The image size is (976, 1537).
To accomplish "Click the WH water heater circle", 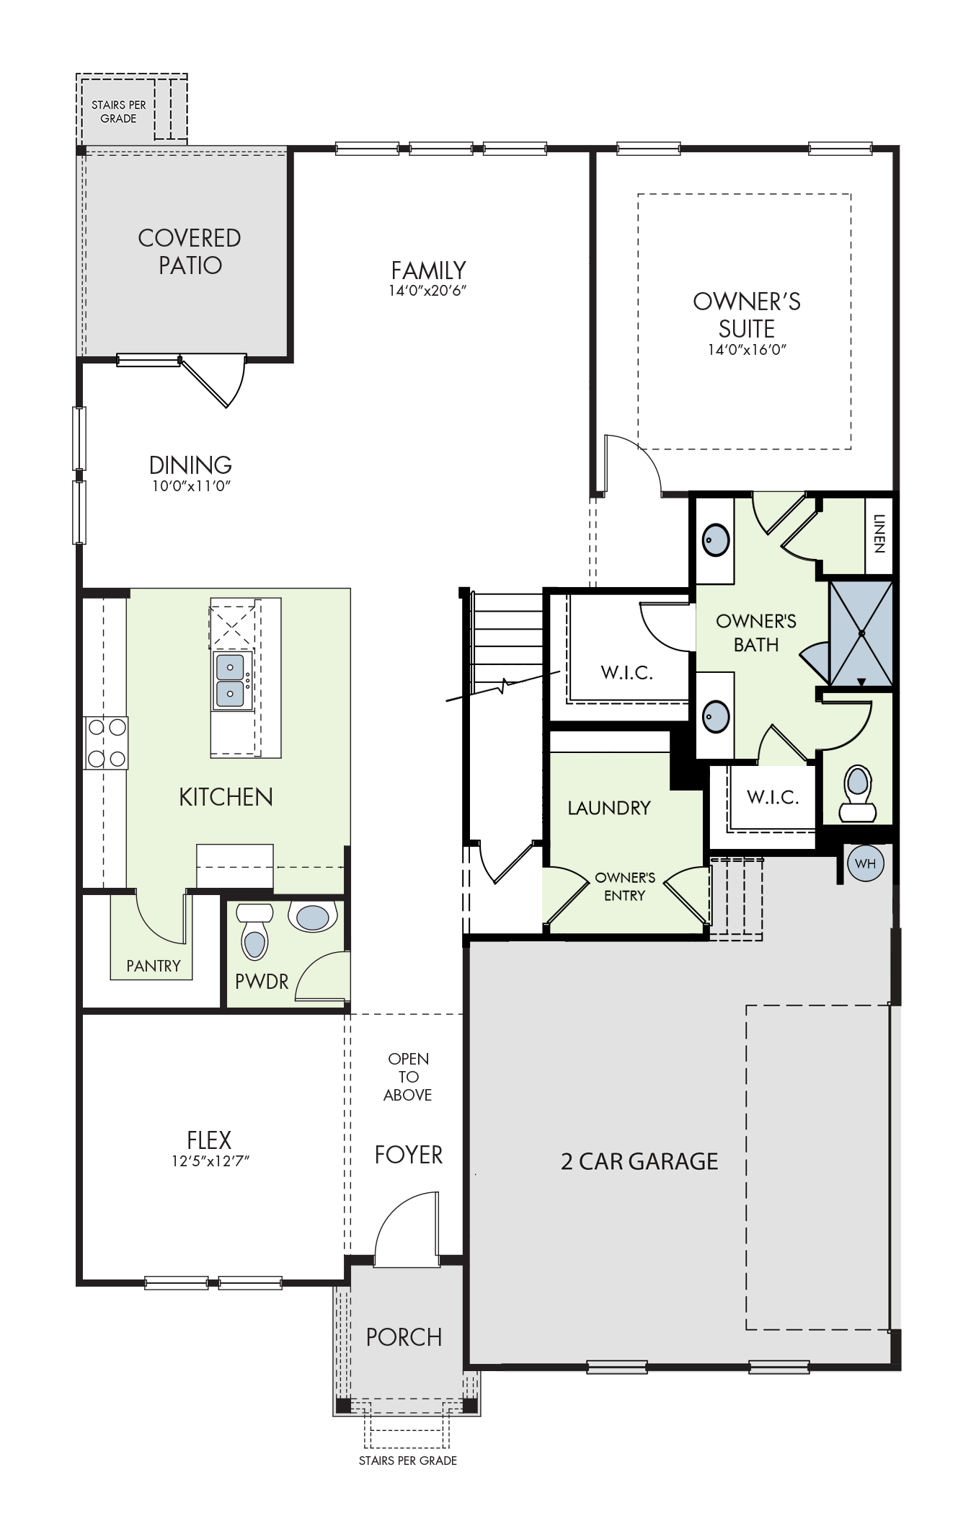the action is point(865,864).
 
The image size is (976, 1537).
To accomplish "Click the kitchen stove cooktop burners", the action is point(106,742).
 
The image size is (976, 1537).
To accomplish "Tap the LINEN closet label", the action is point(879,534).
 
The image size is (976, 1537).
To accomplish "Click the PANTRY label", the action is point(154,966).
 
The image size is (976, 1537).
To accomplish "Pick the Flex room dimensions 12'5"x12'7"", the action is point(209,1161).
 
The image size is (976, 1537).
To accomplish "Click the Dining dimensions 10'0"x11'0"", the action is point(191,485).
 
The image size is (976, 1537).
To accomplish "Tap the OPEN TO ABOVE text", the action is point(408,1077).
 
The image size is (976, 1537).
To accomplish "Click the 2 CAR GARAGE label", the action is point(639,1161).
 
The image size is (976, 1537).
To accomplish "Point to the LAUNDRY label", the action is point(609,808).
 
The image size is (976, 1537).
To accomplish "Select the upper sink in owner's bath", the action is point(717,540).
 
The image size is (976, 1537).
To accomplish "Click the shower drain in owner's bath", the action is point(861,633).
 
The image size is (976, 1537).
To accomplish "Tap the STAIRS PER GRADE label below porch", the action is point(408,1461).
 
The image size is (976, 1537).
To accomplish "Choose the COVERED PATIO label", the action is point(190,251).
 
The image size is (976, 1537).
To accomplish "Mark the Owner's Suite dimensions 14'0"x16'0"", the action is point(747,350).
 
